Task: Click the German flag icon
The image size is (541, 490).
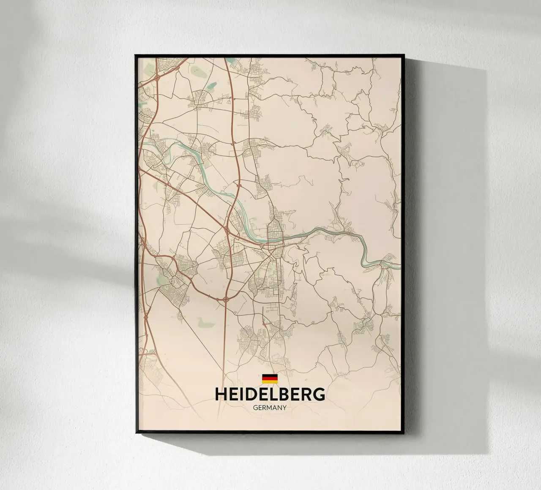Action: [x=270, y=378]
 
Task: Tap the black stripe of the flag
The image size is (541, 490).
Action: [x=270, y=376]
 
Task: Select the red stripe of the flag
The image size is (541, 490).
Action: [x=270, y=378]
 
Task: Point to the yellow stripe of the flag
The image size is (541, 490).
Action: [x=270, y=381]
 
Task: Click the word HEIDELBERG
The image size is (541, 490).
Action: [x=270, y=395]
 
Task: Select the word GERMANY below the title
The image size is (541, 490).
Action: [x=270, y=408]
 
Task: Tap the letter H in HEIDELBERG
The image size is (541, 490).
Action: [x=221, y=395]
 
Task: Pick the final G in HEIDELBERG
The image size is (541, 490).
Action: [x=319, y=395]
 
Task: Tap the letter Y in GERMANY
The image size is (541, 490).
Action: [x=285, y=408]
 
